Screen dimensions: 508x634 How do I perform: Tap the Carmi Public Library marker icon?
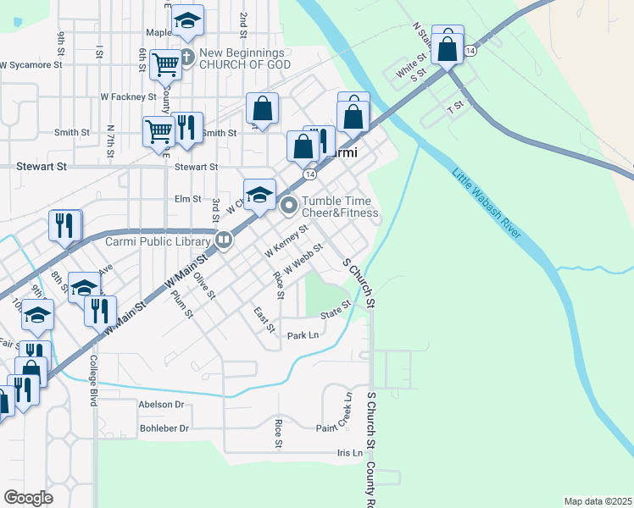tap(224, 240)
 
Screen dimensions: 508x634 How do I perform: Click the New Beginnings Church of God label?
tap(245, 58)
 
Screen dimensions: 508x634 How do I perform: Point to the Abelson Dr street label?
tap(160, 405)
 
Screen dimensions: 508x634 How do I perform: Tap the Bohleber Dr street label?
tap(164, 428)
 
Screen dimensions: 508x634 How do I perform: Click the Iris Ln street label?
tap(349, 454)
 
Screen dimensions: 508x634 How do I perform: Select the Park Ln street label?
tap(303, 335)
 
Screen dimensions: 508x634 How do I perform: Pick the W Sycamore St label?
tap(32, 64)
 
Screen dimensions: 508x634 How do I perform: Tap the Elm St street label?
tap(186, 199)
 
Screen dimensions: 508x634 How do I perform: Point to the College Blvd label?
tap(93, 380)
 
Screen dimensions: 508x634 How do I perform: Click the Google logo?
tap(28, 498)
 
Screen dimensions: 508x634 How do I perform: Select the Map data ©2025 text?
tap(598, 501)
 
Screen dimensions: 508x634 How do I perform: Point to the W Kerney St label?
tap(286, 240)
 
